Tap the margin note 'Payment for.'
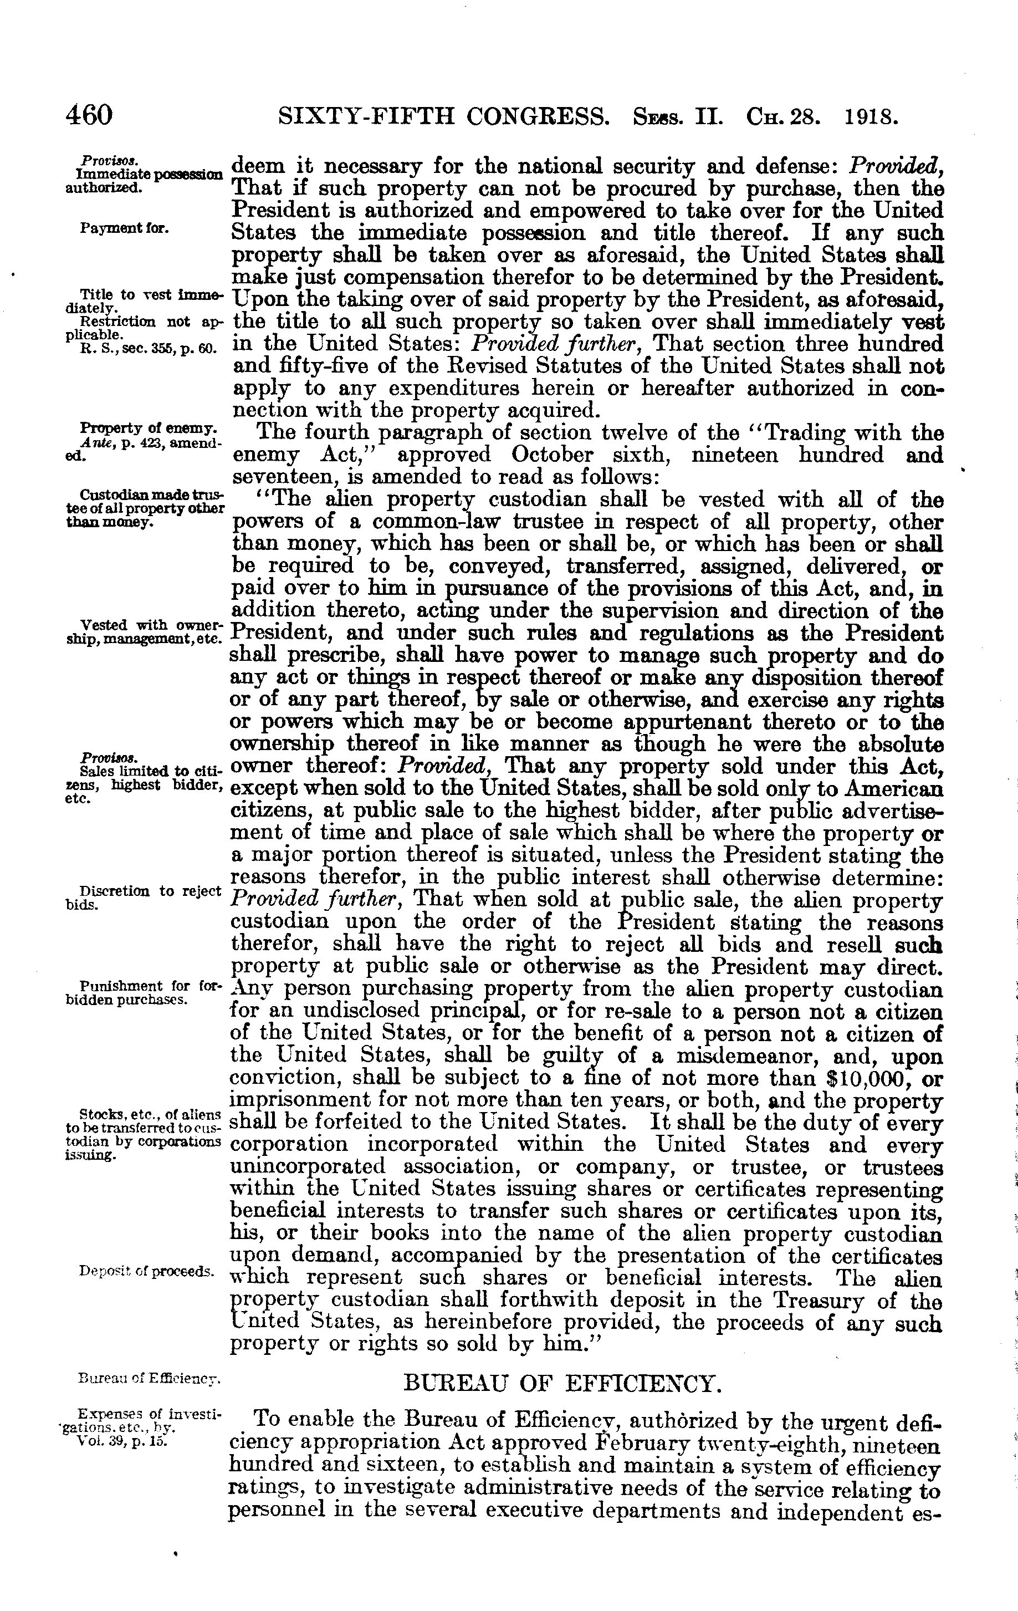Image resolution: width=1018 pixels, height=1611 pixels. [x=124, y=229]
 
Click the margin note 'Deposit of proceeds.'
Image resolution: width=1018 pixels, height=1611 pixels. [x=146, y=1271]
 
